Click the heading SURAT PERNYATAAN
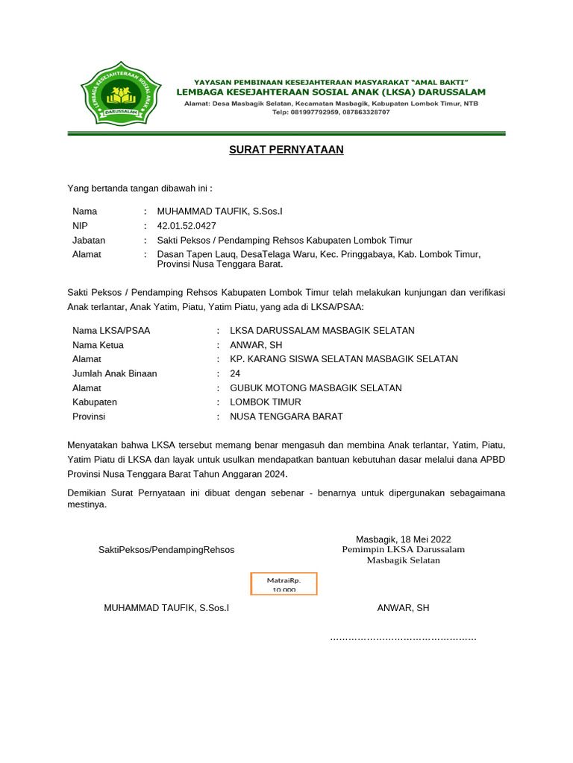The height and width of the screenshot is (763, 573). tap(286, 150)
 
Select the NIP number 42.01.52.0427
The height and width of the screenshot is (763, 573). tap(187, 226)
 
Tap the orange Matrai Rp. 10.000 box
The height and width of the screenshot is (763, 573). tap(283, 583)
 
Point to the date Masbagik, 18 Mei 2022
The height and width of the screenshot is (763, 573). tap(403, 539)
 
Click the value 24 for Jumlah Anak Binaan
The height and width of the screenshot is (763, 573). tap(235, 373)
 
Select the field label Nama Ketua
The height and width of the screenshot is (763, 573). tap(98, 345)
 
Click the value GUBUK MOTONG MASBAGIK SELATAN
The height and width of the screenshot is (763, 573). tap(316, 388)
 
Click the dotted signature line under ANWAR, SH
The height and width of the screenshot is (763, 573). tap(403, 638)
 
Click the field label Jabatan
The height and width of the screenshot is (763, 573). tap(89, 240)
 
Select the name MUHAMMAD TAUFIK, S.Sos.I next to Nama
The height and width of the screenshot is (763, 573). tap(220, 212)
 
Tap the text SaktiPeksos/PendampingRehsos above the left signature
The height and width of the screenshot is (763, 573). tap(166, 550)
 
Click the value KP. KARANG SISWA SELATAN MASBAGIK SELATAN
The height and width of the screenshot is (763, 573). tap(344, 359)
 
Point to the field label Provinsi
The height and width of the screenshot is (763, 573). tap(89, 417)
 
